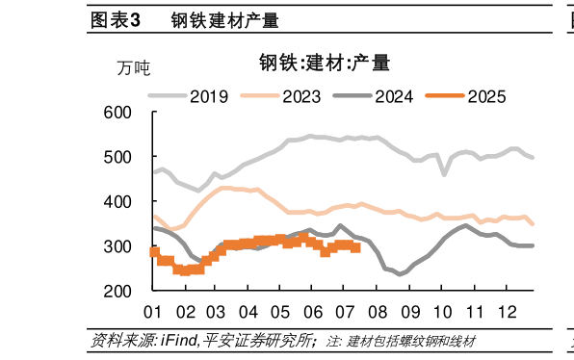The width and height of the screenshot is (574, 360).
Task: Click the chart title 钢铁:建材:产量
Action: tap(323, 64)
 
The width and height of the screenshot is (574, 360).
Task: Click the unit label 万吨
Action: tap(134, 68)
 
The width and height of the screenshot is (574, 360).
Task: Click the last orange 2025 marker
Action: tap(356, 247)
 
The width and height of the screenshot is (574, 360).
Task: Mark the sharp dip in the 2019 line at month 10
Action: tap(444, 174)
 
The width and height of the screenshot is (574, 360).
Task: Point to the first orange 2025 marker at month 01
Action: tap(154, 251)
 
